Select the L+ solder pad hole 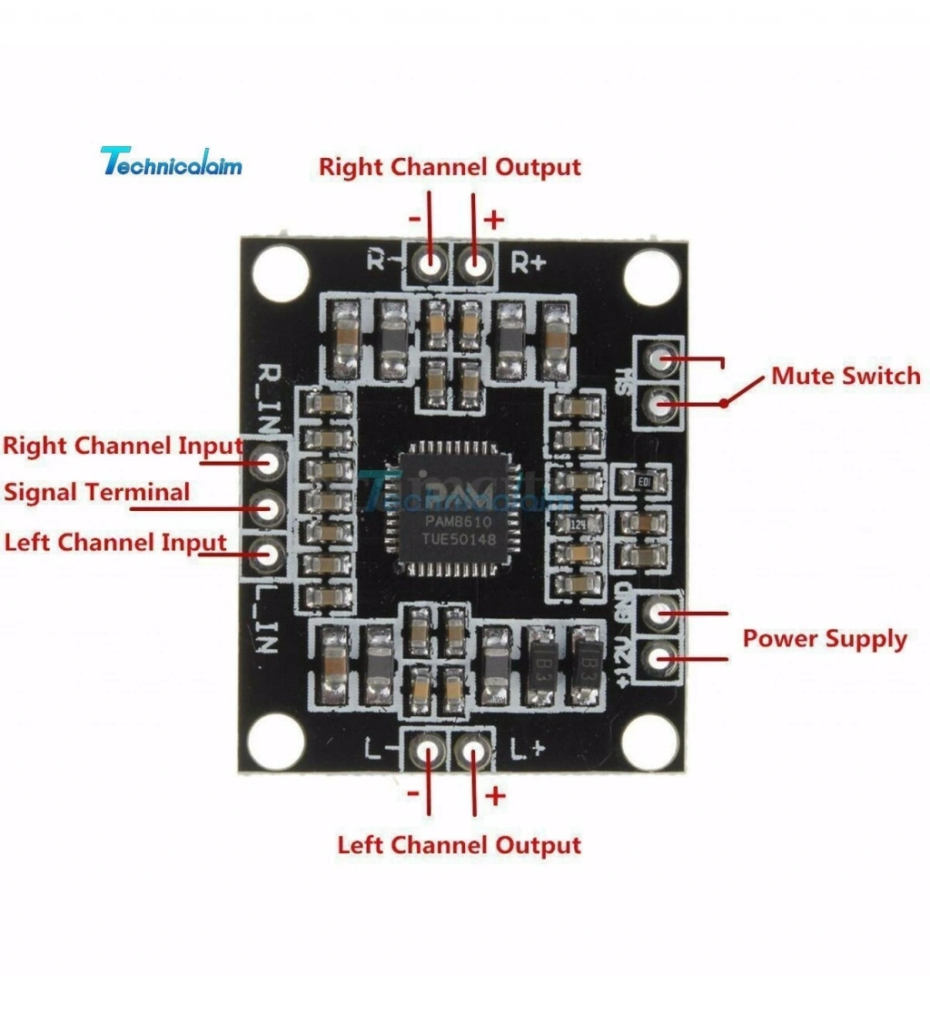coord(471,750)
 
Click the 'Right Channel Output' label coord(450,168)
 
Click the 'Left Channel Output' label coord(459,845)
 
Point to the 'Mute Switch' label coord(845,376)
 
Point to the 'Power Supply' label coord(825,638)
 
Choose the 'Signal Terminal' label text coord(97,493)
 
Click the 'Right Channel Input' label coord(122,446)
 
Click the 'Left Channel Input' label coord(115,543)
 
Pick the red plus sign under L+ coord(495,796)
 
